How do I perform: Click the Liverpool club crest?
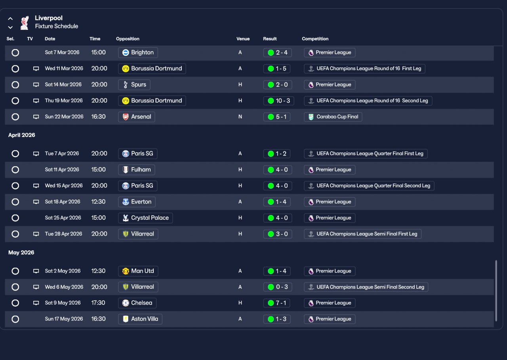[x=25, y=23]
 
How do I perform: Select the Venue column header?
[x=243, y=39]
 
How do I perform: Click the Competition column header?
[x=315, y=39]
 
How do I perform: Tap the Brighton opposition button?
[x=138, y=53]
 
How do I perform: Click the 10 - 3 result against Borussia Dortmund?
[x=278, y=101]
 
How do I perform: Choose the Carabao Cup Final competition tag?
[x=333, y=117]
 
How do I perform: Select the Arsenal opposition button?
[x=137, y=117]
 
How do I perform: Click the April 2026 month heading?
[x=22, y=135]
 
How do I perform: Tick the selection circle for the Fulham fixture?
[x=15, y=170]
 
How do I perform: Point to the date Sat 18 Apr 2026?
[x=63, y=202]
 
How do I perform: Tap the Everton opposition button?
[x=137, y=202]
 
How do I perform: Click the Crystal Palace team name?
[x=150, y=218]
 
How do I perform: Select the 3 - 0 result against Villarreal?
[x=278, y=234]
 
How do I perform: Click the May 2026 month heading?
[x=21, y=253]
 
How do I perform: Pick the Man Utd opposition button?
[x=138, y=271]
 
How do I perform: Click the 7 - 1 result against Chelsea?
[x=276, y=303]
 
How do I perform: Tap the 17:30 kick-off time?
[x=98, y=303]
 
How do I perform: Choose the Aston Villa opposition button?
[x=140, y=319]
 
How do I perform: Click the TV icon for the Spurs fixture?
[x=36, y=85]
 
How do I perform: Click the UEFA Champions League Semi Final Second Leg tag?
[x=366, y=287]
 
